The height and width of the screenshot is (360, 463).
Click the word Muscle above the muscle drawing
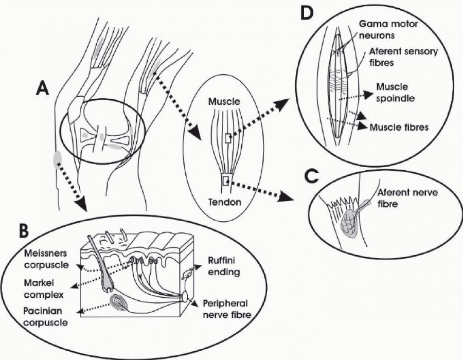(224, 101)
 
